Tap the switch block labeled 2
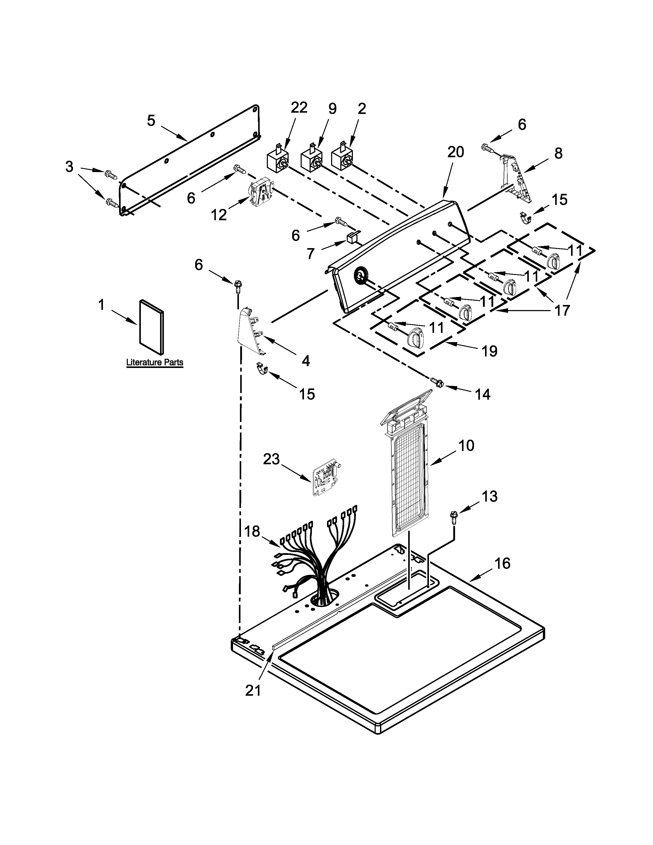click(x=342, y=159)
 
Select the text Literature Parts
click(x=155, y=363)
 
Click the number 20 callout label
click(x=455, y=152)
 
